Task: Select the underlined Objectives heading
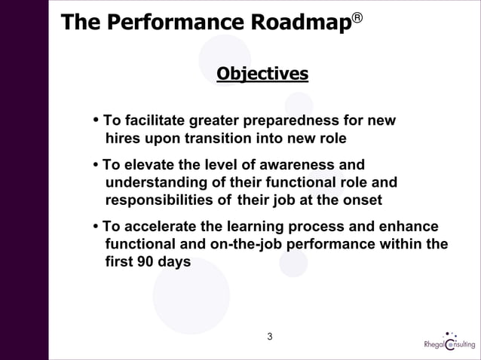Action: (262, 74)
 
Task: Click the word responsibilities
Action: (159, 200)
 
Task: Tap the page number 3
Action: (270, 335)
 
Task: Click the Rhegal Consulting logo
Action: (450, 342)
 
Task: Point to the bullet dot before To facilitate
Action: (96, 121)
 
